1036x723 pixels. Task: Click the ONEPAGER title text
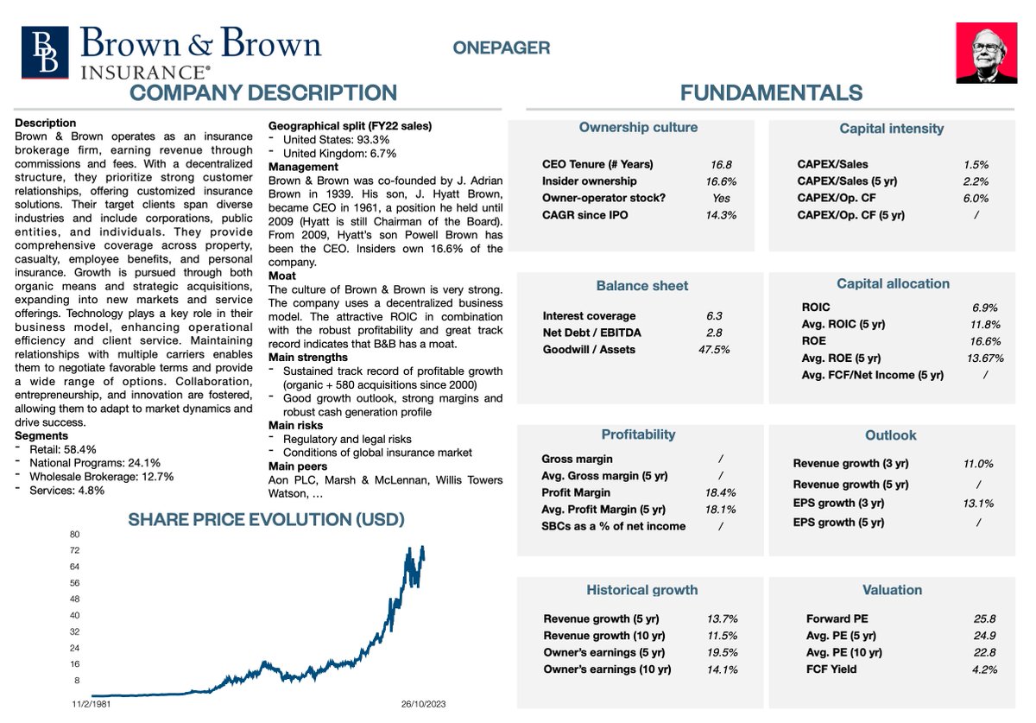[501, 48]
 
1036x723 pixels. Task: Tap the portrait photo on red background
[986, 53]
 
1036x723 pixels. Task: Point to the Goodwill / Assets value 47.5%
[714, 350]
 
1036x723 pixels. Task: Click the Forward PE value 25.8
[985, 618]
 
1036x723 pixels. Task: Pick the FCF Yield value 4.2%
[985, 669]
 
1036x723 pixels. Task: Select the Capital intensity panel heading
[891, 129]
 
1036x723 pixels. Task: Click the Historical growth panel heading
[641, 590]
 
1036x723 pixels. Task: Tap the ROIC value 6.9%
[985, 308]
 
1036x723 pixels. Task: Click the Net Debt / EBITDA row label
[591, 333]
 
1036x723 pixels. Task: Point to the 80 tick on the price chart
[74, 534]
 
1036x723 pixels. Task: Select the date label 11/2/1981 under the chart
[92, 705]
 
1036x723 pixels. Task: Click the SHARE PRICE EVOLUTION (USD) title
[266, 520]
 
